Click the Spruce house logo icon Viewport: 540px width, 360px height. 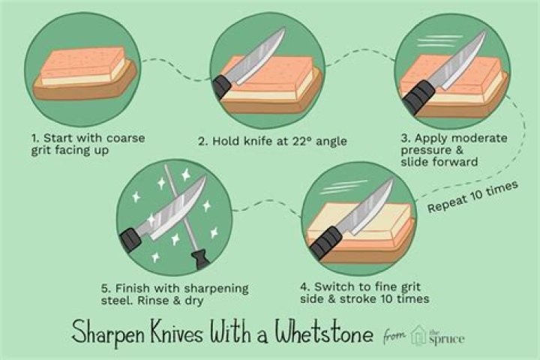click(x=418, y=334)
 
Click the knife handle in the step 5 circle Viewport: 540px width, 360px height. click(x=130, y=238)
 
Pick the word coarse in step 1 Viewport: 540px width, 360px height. click(x=126, y=138)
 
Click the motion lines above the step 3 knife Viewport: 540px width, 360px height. click(x=439, y=41)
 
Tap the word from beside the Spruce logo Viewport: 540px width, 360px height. click(x=394, y=334)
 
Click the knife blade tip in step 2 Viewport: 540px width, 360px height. click(x=284, y=29)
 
